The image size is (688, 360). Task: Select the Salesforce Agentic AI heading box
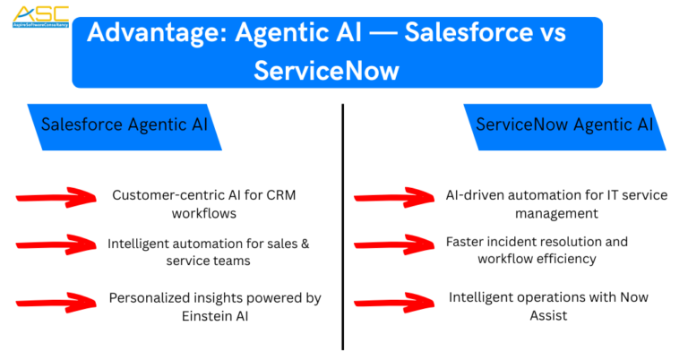pyautogui.click(x=125, y=125)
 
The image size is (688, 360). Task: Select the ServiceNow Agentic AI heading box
pyautogui.click(x=563, y=125)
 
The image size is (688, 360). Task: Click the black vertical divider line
pyautogui.click(x=343, y=224)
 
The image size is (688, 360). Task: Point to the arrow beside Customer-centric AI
pyautogui.click(x=56, y=197)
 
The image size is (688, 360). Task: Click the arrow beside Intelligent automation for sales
pyautogui.click(x=56, y=244)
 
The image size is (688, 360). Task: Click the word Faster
pyautogui.click(x=467, y=242)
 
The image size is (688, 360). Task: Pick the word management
pyautogui.click(x=555, y=213)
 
